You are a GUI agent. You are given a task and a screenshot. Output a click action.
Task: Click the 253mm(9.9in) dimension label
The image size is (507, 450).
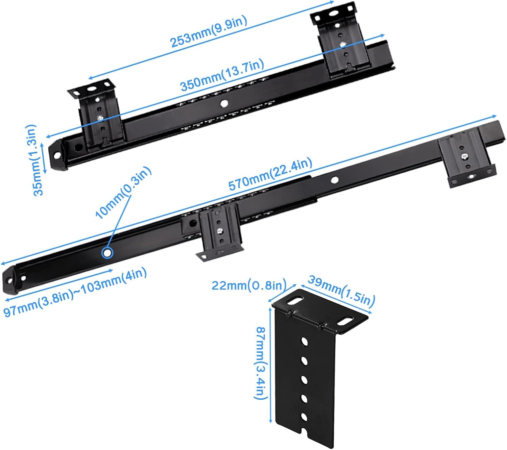pyautogui.click(x=209, y=31)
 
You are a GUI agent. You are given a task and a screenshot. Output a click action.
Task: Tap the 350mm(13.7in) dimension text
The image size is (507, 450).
pyautogui.click(x=222, y=75)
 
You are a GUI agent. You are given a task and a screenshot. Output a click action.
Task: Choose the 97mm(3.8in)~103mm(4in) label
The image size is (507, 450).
pyautogui.click(x=75, y=292)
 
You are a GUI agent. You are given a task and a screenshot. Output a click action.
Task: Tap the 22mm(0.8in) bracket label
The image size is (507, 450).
pyautogui.click(x=249, y=285)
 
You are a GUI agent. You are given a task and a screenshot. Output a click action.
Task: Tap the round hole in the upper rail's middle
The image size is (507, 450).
pyautogui.click(x=223, y=103)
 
